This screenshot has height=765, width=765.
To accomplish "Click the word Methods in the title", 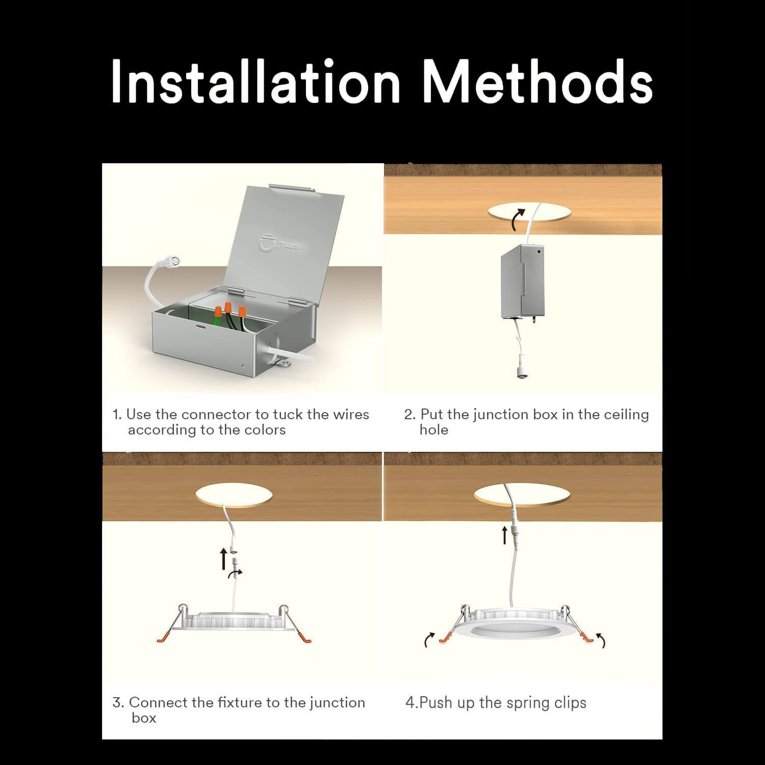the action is point(539,81).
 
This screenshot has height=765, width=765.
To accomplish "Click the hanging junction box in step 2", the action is point(523,282).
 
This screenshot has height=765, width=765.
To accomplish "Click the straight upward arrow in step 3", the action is point(223,559).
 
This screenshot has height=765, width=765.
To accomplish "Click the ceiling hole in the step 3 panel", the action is point(234,494).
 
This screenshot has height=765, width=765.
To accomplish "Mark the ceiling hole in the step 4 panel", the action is point(522,494).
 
